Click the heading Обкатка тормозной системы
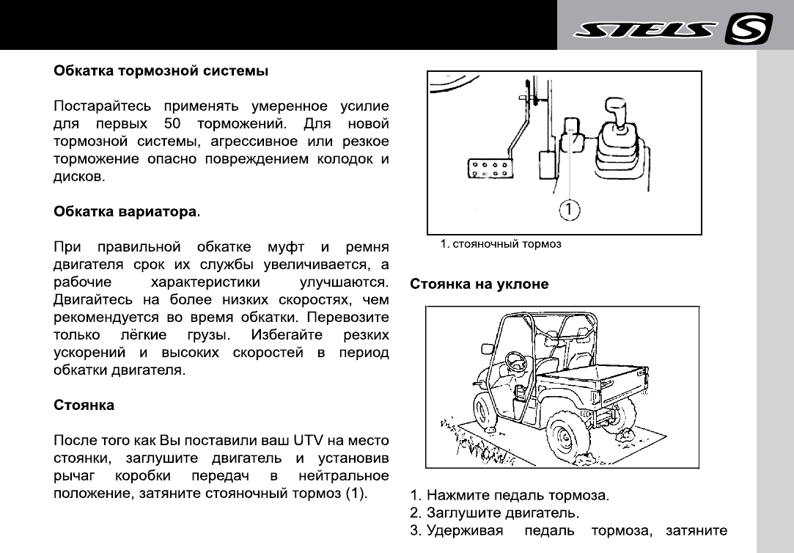[x=161, y=72]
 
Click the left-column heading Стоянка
[x=84, y=405]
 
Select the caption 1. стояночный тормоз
[x=501, y=244]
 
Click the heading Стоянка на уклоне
[x=479, y=284]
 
